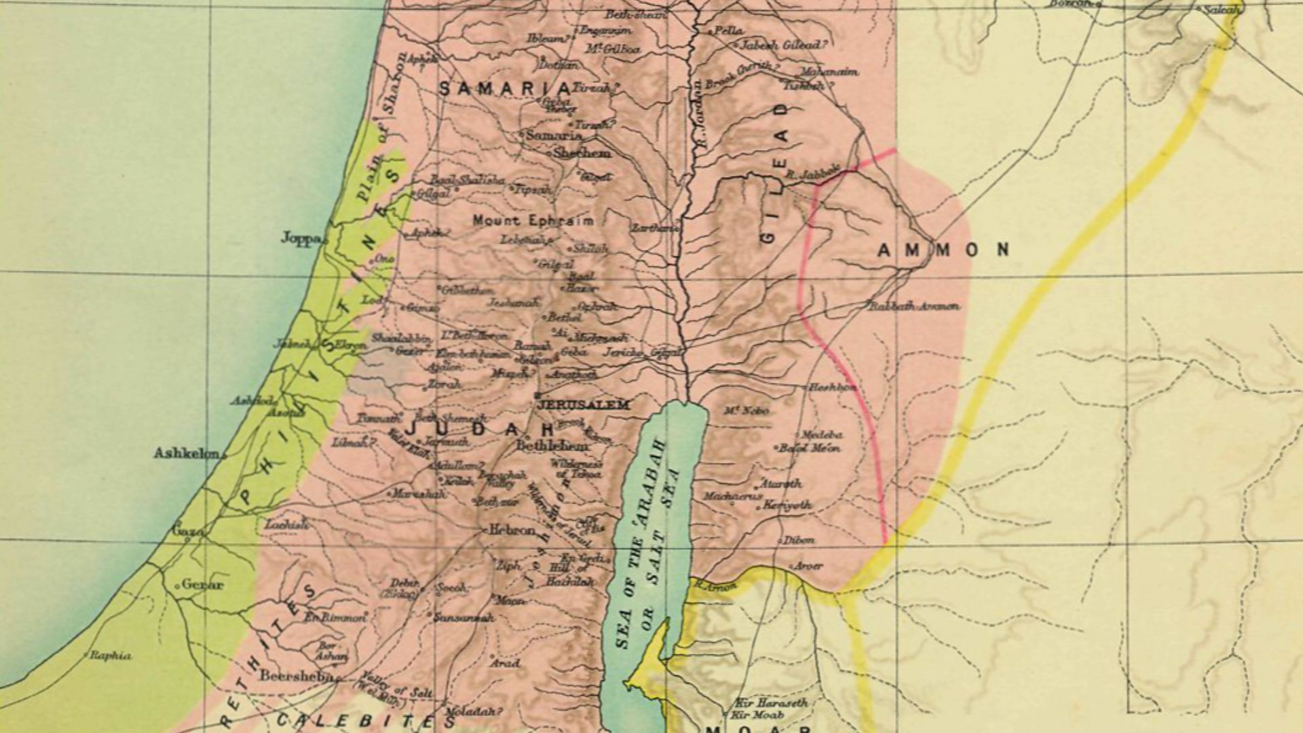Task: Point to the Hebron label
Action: click(x=512, y=531)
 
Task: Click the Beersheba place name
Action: click(x=296, y=676)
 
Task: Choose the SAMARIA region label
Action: click(x=505, y=89)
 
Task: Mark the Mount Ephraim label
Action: click(x=533, y=221)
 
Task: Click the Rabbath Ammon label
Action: click(x=915, y=307)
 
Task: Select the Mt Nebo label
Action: click(x=746, y=411)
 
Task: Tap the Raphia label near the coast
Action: click(x=111, y=656)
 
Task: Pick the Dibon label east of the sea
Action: click(x=799, y=541)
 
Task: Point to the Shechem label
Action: click(x=582, y=153)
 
